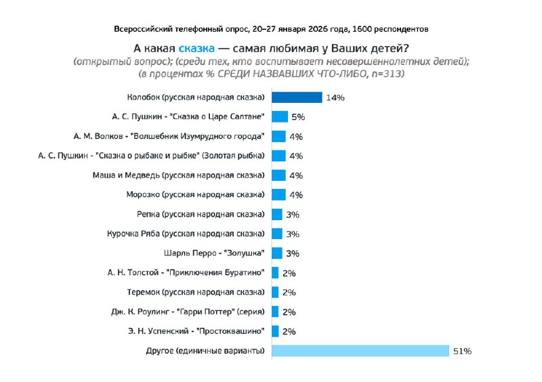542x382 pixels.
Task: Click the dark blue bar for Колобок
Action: [297, 98]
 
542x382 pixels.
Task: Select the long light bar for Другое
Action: [360, 351]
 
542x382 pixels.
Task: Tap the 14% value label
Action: [335, 98]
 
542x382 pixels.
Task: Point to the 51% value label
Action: [462, 352]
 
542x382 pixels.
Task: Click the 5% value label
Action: [298, 117]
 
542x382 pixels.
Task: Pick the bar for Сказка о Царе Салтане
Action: [280, 116]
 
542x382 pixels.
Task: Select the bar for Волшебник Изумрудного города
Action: [278, 136]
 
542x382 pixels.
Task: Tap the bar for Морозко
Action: [278, 195]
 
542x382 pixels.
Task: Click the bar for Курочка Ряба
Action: [277, 234]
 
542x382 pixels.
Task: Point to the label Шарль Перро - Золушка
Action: [213, 253]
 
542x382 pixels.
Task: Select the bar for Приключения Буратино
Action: [275, 273]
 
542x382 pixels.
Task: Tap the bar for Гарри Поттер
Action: [275, 312]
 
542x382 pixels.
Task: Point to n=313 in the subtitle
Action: [385, 73]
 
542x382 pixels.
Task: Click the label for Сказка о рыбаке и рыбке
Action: [152, 156]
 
